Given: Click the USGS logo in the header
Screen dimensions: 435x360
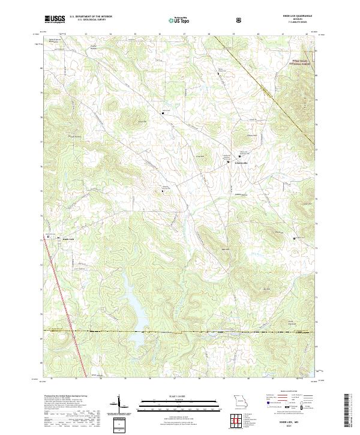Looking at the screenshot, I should tap(55, 20).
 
